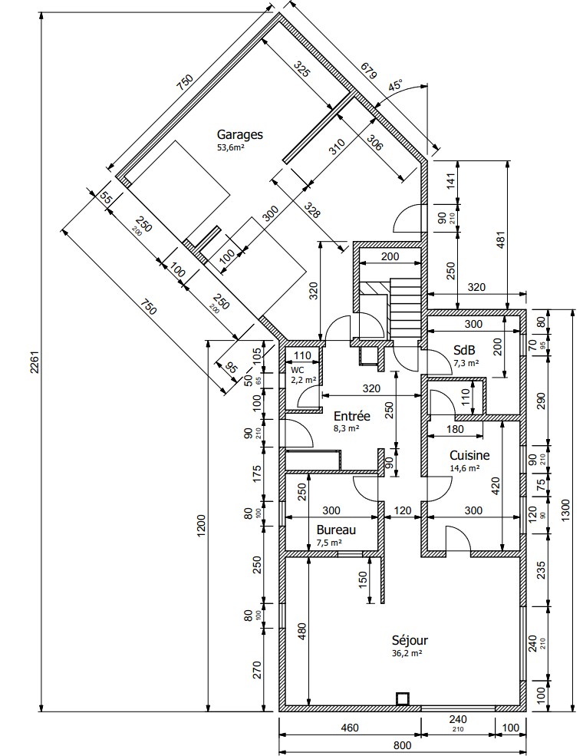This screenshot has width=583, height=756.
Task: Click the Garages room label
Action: [x=240, y=134]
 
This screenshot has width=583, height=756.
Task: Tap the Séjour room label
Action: [x=410, y=640]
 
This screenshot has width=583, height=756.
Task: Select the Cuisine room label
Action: [x=469, y=455]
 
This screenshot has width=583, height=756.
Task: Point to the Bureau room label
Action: [x=336, y=530]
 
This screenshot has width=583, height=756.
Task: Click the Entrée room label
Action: [x=352, y=415]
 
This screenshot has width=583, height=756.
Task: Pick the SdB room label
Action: [x=464, y=349]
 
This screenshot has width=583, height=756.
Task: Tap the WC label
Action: [x=298, y=370]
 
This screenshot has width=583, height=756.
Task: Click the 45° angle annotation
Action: [x=396, y=85]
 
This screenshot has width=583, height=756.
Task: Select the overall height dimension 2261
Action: [x=35, y=362]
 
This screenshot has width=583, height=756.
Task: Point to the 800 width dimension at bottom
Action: [x=402, y=745]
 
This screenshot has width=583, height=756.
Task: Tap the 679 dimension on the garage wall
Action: [x=368, y=71]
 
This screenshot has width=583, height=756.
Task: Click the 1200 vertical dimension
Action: [x=201, y=526]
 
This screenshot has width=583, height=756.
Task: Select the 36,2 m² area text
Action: [x=407, y=653]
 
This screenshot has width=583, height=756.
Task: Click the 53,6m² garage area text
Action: [x=231, y=147]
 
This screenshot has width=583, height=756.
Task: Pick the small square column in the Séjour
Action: [x=402, y=698]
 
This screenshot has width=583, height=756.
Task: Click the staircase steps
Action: [x=406, y=309]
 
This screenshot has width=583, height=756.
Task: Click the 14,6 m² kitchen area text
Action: [x=464, y=468]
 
